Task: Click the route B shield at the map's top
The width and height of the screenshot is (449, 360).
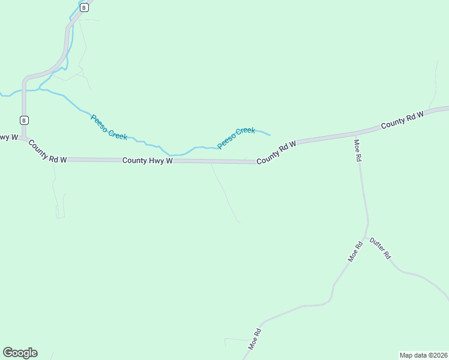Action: pos(84,7)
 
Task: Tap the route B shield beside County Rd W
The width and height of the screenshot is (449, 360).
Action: pos(24,120)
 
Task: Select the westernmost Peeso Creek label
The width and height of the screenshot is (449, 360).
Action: pos(109,127)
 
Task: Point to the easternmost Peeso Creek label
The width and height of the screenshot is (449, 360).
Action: pos(236,138)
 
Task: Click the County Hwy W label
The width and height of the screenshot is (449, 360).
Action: pos(148,161)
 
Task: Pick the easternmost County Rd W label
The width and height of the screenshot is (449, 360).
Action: pos(402,118)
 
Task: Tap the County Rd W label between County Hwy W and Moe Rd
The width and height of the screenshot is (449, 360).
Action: pos(277,153)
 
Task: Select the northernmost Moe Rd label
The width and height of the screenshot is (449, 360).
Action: pos(358,150)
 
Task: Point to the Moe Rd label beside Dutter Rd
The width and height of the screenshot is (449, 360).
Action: pos(356,251)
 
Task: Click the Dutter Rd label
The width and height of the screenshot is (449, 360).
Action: pos(380,247)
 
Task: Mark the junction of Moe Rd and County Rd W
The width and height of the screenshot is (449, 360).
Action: pos(354,134)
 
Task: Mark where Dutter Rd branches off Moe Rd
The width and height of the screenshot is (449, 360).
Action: pos(366,238)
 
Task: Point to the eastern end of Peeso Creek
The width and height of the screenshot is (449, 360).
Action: pos(270,135)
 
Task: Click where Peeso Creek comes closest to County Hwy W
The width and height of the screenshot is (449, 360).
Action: pos(174,155)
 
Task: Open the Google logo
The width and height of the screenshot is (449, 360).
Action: pos(20,352)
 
